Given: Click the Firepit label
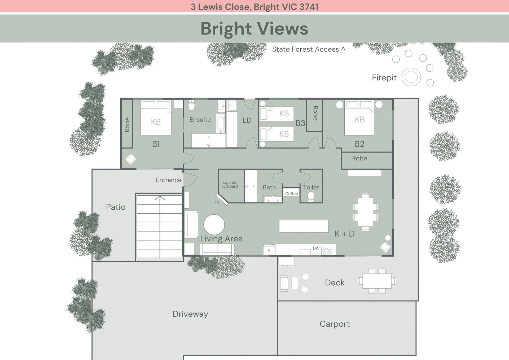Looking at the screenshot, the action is (x=384, y=77).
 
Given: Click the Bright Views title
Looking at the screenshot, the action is (x=254, y=28).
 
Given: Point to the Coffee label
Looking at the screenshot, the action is (x=291, y=194).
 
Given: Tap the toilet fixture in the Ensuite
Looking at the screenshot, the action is (x=191, y=105).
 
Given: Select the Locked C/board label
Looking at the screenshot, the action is (x=230, y=184).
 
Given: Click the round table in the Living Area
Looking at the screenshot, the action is (x=214, y=225).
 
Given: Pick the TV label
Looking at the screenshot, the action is (x=217, y=202).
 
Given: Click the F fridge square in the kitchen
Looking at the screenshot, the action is (x=269, y=250).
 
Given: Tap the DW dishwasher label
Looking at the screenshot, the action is (x=316, y=248).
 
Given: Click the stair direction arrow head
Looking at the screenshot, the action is (x=160, y=198).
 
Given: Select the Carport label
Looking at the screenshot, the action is (x=335, y=324).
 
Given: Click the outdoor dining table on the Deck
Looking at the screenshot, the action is (x=377, y=281).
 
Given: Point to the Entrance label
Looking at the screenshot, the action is (x=169, y=180).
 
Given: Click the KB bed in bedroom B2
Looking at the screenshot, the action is (x=359, y=118).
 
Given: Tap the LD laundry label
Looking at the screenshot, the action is (x=247, y=120).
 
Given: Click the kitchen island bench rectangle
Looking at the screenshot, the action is (x=304, y=226).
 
